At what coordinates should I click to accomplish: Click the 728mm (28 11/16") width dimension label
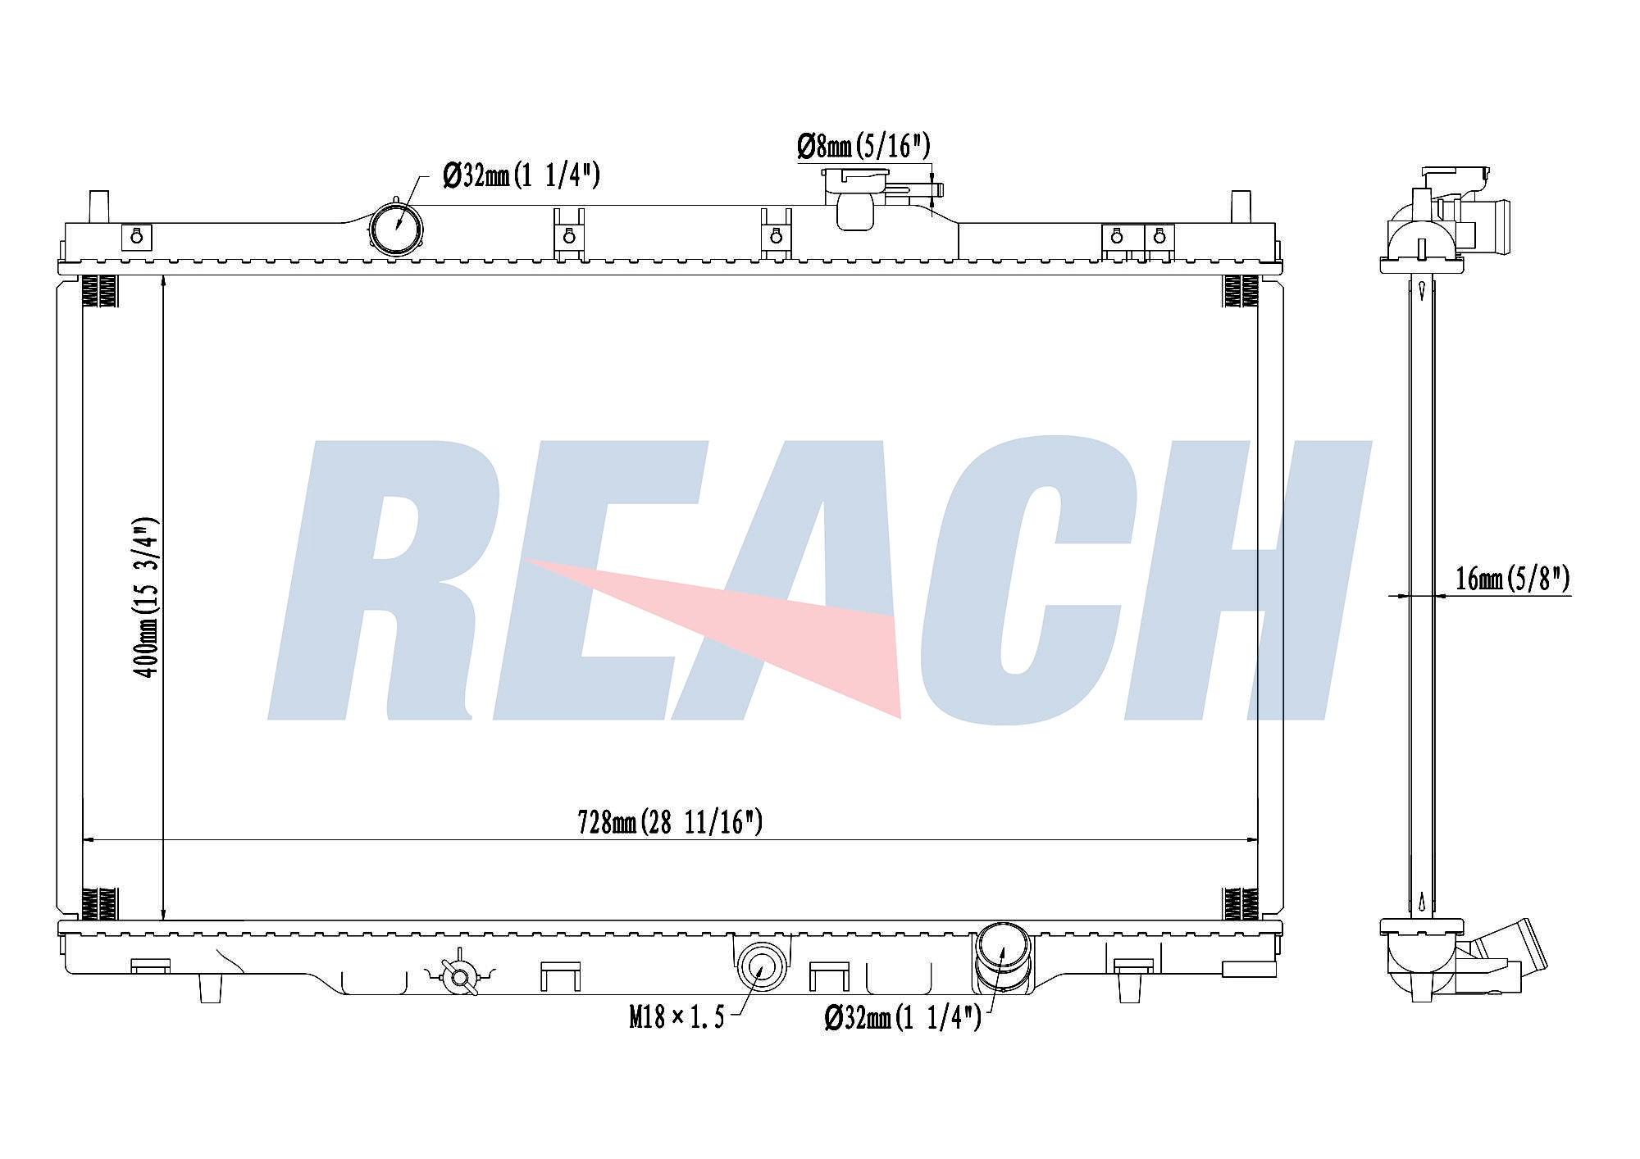tap(670, 821)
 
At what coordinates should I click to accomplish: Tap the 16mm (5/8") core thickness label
tap(1513, 579)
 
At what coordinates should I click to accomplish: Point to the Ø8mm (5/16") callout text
tap(864, 146)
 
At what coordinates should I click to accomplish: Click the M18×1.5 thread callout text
tap(676, 1018)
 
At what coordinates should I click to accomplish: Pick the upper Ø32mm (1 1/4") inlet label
tap(522, 175)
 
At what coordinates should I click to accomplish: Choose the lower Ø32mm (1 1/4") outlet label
tap(902, 1018)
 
